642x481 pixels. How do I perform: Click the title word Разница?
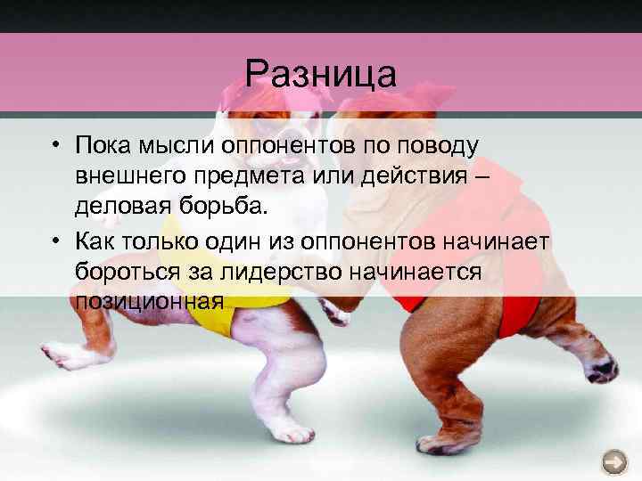point(320,73)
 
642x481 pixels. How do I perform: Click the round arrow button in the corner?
point(614,461)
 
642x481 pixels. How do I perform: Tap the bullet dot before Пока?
point(55,145)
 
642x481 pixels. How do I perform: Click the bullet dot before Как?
point(55,242)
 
